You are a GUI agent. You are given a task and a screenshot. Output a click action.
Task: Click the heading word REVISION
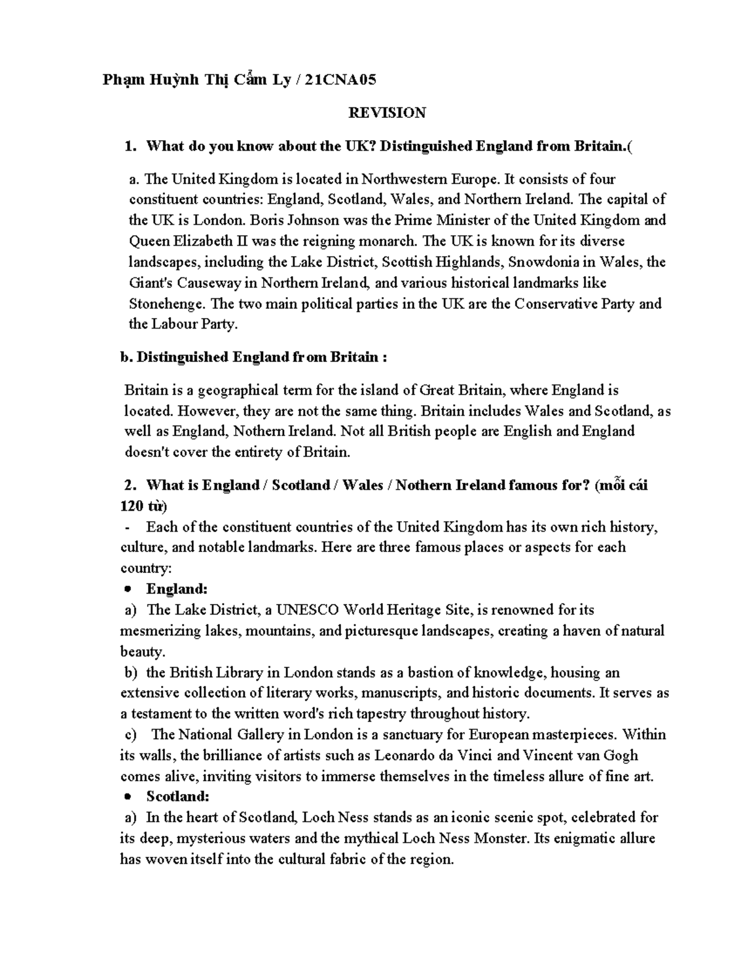tap(387, 113)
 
